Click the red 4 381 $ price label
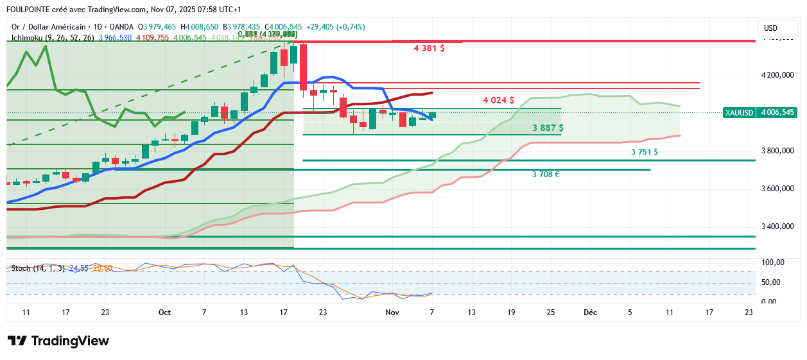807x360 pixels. pos(430,47)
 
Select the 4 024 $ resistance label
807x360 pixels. pos(498,100)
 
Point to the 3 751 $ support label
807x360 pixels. pos(644,152)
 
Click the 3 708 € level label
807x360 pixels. pos(545,174)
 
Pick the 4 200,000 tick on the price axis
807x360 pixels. pos(777,75)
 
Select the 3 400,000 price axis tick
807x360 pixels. pos(777,227)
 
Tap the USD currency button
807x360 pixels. pos(770,28)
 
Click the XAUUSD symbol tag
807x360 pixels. pos(738,112)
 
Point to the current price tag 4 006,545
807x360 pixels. pos(777,112)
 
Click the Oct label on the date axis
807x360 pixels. pos(164,313)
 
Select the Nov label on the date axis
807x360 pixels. pos(392,313)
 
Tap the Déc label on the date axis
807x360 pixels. pos(590,313)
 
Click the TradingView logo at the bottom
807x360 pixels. pos(58,341)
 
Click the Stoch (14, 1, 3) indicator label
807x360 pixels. pos(38,268)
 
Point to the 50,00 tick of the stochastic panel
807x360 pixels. pos(771,282)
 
